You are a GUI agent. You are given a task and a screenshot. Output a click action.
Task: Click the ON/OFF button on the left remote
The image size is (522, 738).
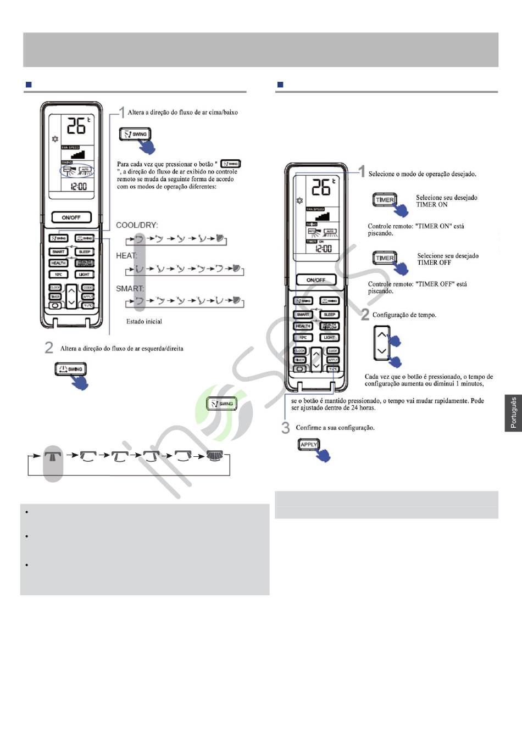[x=71, y=217]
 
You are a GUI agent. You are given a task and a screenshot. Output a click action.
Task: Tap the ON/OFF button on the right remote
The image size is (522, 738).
[x=316, y=280]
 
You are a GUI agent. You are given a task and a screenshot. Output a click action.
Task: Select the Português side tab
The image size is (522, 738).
[x=513, y=412]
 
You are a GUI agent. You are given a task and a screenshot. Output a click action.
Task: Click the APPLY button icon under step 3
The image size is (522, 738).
[x=309, y=445]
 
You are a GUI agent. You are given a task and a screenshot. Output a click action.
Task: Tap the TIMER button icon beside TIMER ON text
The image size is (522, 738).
[x=385, y=200]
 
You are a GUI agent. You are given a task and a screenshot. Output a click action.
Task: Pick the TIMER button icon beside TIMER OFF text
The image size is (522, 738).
[x=385, y=258]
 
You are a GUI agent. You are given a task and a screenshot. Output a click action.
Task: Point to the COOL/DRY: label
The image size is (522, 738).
[x=137, y=225]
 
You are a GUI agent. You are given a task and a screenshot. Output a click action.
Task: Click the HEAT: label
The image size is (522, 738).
[x=126, y=255]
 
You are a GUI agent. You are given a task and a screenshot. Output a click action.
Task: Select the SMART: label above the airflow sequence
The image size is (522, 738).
[x=130, y=288]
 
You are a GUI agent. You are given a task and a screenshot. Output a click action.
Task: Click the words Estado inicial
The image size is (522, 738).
[x=144, y=321]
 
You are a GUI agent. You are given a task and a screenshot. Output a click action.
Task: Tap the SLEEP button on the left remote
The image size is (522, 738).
[x=85, y=251]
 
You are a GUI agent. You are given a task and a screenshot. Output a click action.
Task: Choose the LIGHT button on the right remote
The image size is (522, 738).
[x=329, y=337]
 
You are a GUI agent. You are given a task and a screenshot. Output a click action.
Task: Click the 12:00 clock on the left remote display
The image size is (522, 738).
[x=79, y=186]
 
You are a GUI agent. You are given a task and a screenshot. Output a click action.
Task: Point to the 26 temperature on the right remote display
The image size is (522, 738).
[x=321, y=188]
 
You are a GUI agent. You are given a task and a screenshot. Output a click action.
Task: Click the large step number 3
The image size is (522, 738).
[x=285, y=427]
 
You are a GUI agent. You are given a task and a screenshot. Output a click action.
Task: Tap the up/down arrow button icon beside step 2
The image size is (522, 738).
[x=382, y=343]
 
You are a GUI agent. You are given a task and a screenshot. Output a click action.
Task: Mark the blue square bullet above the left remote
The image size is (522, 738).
[x=29, y=85]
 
